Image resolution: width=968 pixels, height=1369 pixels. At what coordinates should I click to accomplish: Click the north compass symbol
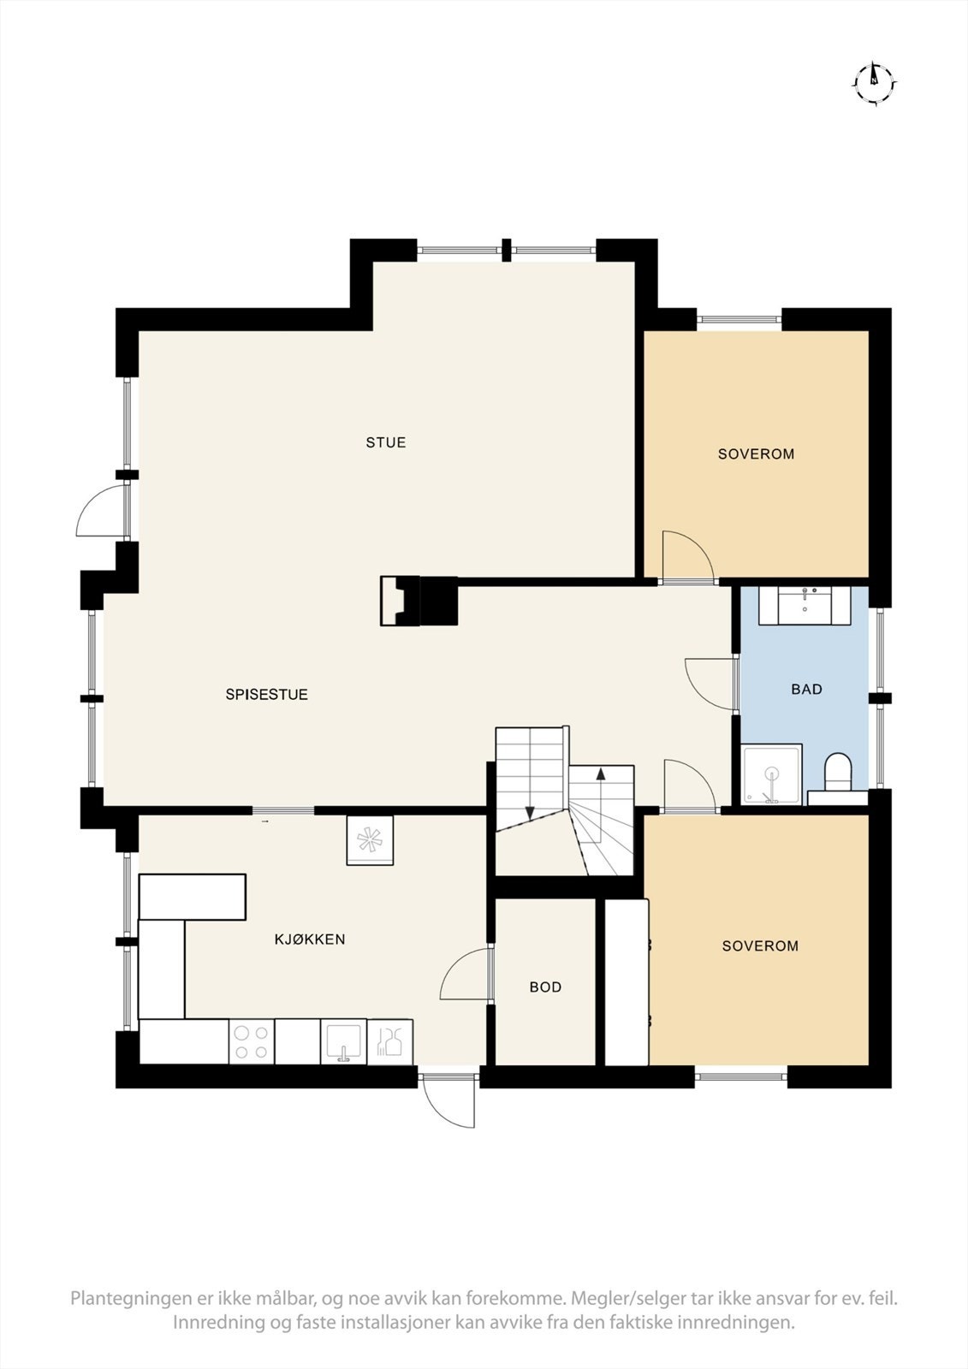(x=874, y=83)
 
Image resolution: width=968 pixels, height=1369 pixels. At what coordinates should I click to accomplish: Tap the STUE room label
(x=386, y=442)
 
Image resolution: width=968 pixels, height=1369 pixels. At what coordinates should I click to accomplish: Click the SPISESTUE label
(x=266, y=695)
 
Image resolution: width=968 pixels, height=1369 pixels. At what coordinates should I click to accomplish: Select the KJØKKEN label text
(x=309, y=939)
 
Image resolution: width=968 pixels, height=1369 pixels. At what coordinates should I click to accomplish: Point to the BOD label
(x=545, y=987)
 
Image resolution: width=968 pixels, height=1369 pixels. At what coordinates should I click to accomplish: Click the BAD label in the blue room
(x=806, y=689)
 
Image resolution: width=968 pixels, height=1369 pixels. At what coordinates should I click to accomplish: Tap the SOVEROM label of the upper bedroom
(x=756, y=454)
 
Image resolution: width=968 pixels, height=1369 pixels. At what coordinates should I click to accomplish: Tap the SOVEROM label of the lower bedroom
(x=760, y=946)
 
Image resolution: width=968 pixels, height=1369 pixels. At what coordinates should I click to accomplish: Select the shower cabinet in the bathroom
(x=772, y=775)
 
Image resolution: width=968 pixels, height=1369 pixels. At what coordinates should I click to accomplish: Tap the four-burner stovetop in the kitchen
(x=252, y=1041)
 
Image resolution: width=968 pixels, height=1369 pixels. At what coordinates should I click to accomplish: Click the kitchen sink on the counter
(x=343, y=1041)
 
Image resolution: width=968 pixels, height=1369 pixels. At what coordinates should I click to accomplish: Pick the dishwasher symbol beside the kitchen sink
(x=390, y=1041)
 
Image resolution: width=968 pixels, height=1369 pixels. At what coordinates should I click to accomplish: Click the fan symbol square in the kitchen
(x=370, y=840)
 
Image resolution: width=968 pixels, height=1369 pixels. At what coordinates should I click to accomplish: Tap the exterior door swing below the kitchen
(x=449, y=1099)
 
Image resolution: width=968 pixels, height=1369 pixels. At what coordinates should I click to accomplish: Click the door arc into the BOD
(x=465, y=975)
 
